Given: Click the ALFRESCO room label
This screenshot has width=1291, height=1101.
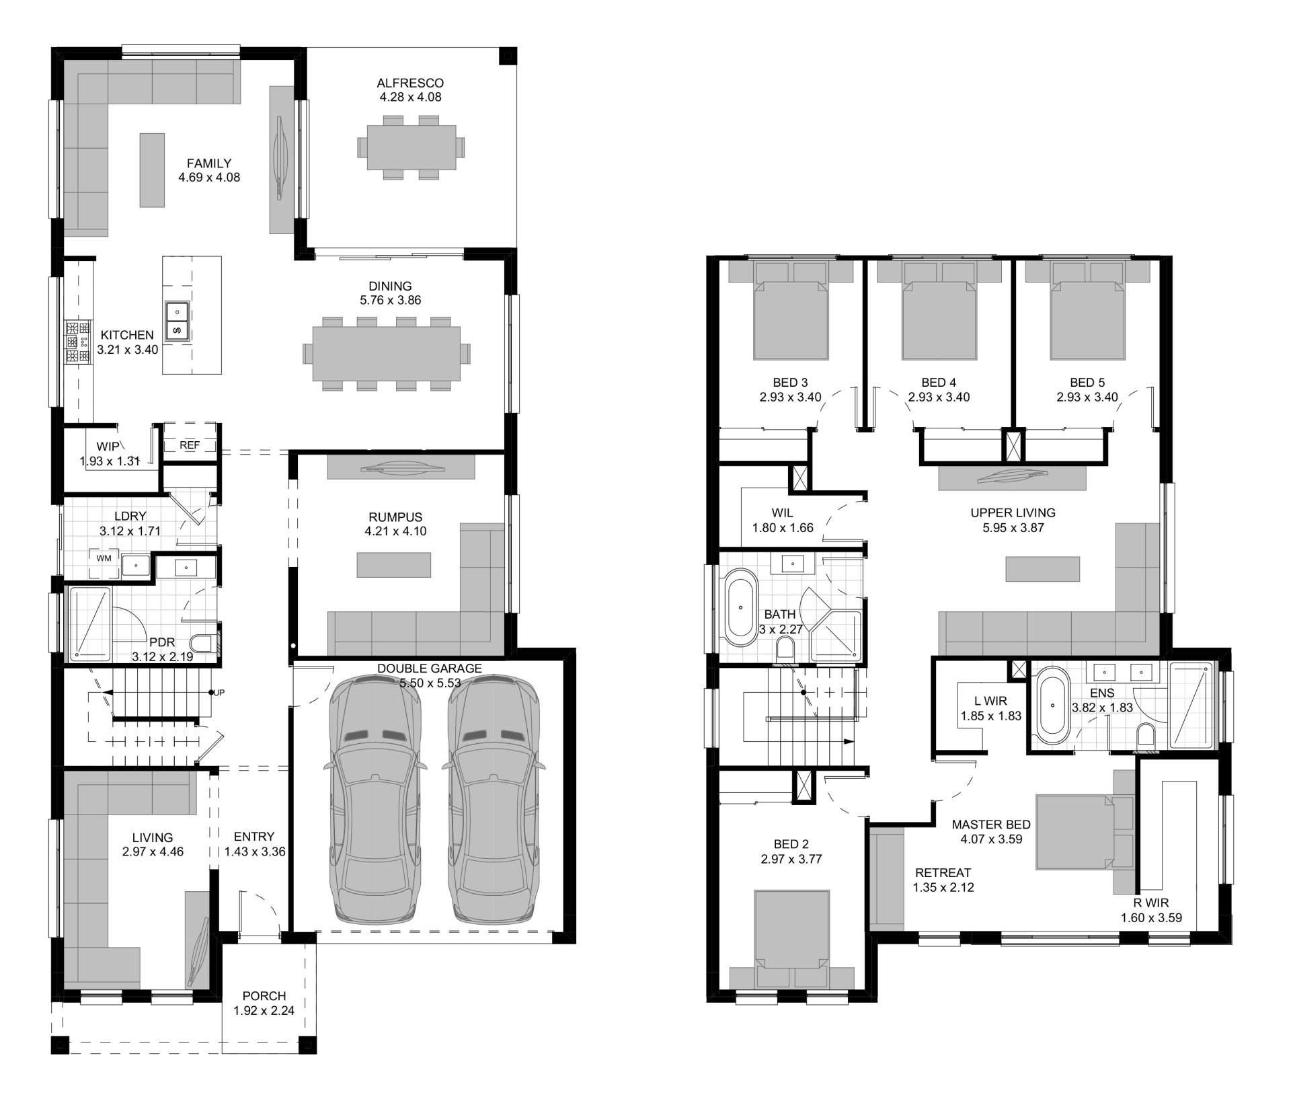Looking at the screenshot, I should (410, 83).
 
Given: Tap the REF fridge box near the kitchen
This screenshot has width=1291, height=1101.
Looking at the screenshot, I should (190, 445).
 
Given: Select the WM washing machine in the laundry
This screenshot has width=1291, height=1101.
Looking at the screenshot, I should (104, 558).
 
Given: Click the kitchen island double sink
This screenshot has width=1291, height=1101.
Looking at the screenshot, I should (178, 321).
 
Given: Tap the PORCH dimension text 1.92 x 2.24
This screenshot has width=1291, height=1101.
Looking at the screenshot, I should (264, 1010).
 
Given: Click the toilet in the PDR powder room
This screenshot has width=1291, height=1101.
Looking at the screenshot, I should (202, 644).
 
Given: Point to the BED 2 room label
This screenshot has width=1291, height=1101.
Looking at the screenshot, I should (791, 844).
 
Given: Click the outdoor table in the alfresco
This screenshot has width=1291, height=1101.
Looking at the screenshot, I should (410, 147).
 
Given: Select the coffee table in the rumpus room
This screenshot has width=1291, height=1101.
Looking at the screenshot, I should (393, 564).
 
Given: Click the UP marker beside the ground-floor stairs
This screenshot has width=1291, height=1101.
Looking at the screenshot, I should (219, 692).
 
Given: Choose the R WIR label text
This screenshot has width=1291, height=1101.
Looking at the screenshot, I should (1150, 904).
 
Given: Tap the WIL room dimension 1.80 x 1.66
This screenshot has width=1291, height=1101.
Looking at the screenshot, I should (782, 528).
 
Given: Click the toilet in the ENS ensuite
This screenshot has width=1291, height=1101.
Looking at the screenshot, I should (1144, 736).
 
